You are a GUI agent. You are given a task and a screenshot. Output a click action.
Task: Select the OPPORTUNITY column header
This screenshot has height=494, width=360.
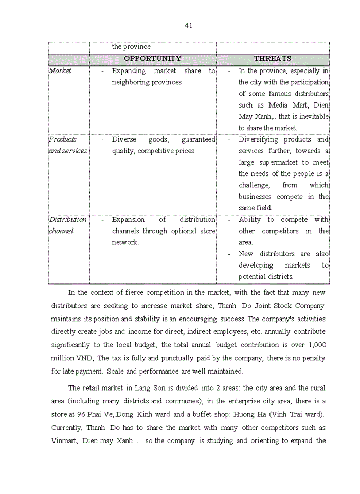(153, 59)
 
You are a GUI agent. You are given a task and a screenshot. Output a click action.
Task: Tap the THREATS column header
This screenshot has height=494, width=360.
(273, 59)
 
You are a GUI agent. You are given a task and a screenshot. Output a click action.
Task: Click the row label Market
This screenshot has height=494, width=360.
(60, 71)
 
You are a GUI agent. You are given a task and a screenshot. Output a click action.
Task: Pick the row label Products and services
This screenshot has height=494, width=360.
(68, 145)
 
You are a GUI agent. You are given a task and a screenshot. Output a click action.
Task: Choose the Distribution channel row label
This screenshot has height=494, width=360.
(68, 225)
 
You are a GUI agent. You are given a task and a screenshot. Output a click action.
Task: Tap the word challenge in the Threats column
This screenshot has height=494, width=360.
(254, 185)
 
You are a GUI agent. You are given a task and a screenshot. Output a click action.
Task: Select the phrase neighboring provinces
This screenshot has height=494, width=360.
(147, 82)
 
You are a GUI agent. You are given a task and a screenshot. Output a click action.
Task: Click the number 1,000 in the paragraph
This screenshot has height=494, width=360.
(315, 345)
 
